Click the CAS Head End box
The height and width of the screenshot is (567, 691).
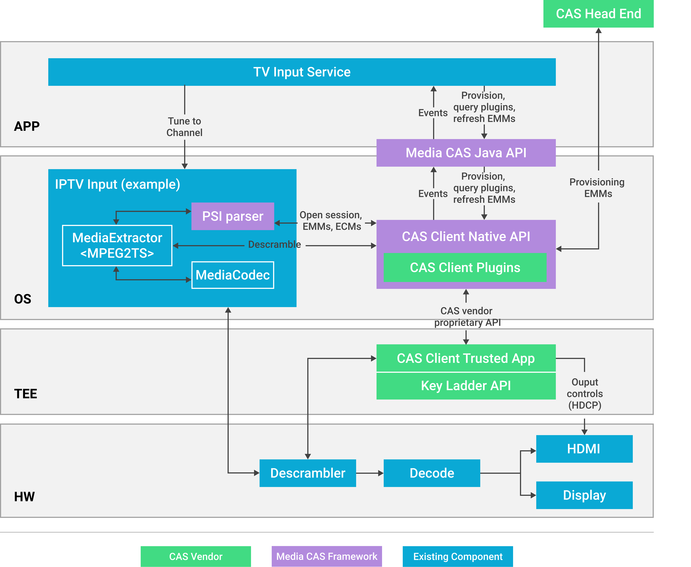598,14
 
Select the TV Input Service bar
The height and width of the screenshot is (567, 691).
302,72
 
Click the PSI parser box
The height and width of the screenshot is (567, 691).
233,216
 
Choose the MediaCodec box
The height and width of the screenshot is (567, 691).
233,275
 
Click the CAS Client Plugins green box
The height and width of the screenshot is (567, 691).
465,267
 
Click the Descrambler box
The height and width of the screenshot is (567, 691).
308,473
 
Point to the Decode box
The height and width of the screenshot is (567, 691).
432,473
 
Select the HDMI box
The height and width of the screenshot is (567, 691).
584,449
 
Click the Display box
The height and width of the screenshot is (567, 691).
584,495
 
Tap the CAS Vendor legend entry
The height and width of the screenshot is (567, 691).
196,556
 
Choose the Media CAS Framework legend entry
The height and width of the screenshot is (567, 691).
327,556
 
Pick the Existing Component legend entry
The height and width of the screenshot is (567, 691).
457,556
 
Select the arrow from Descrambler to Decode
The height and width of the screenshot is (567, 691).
370,473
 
